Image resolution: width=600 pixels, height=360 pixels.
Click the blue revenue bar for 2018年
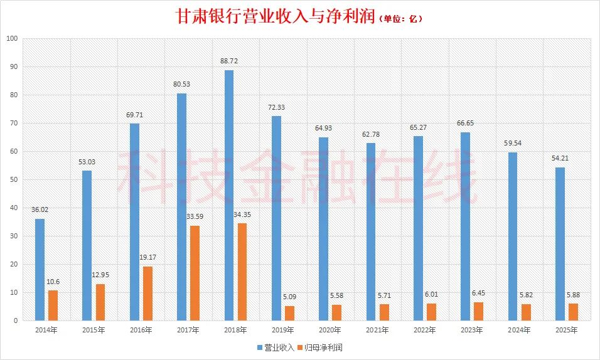(229, 195)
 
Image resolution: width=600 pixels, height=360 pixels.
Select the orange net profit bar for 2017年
(195, 273)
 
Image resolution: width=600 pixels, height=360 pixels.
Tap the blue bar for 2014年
(40, 270)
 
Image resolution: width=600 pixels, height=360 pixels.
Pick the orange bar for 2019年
(290, 313)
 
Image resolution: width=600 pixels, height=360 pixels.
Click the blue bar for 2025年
(560, 244)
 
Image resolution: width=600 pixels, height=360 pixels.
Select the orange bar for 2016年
(148, 294)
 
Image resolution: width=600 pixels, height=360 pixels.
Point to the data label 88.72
(229, 61)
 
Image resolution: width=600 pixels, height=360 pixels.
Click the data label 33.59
(196, 217)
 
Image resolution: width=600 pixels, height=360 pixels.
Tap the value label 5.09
(291, 297)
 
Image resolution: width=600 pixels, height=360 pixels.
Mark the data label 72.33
(276, 108)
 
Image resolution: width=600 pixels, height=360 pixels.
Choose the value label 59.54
(513, 144)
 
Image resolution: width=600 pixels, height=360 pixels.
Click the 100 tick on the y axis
(11, 38)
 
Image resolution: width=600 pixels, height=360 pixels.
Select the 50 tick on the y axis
(13, 179)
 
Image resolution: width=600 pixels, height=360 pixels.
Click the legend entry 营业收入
(274, 347)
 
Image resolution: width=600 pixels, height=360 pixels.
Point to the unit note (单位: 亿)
(402, 19)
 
